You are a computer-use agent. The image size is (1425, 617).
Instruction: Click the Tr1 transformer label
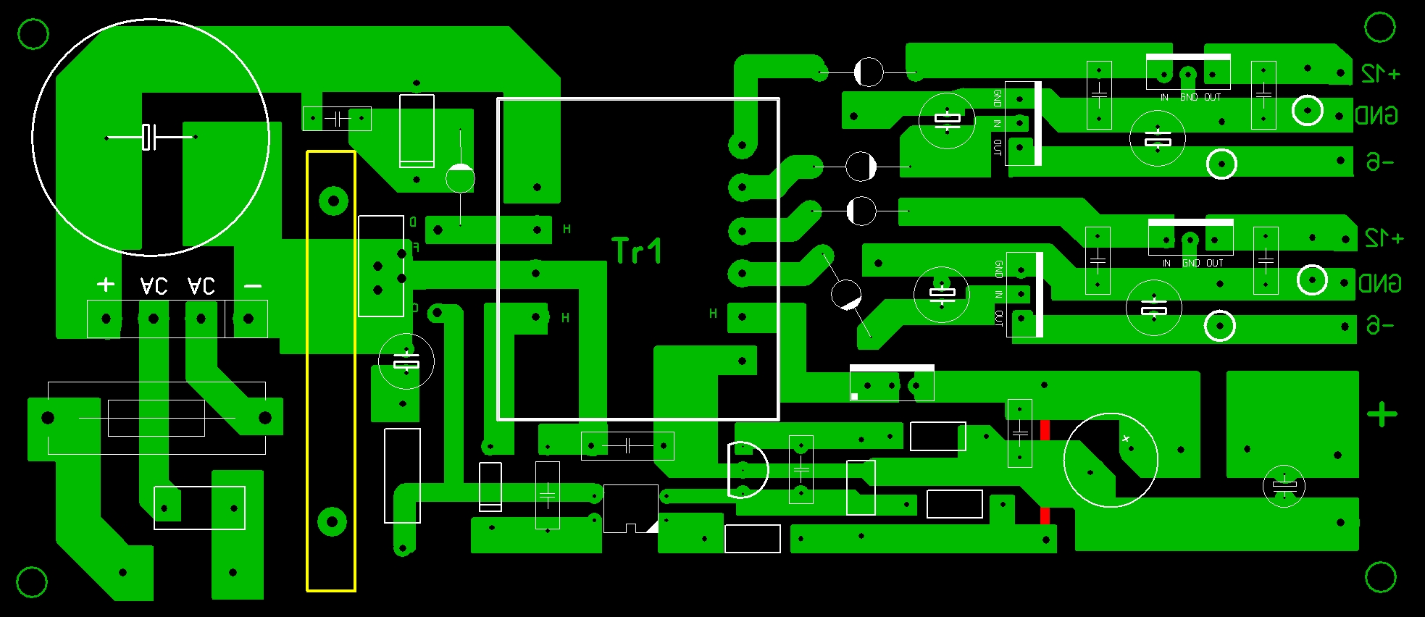[637, 251]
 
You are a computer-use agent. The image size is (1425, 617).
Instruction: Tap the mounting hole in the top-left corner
[33, 33]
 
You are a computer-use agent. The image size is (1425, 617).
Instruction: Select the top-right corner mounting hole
[1379, 28]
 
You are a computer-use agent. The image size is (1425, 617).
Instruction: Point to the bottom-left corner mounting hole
[32, 582]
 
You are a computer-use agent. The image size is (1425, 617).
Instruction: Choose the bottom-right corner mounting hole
[1380, 577]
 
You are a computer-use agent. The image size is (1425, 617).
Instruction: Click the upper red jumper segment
[1045, 429]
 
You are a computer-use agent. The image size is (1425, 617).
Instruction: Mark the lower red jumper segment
[1045, 516]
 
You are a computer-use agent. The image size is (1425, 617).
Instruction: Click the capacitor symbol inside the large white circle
[149, 137]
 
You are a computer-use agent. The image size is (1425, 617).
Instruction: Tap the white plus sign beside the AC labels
[106, 285]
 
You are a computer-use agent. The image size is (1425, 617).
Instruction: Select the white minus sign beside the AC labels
[253, 286]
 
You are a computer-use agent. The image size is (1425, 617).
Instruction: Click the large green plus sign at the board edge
[1382, 414]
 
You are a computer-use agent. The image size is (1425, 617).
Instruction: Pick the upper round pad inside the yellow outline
[333, 201]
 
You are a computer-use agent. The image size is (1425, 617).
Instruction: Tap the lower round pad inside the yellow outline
[332, 521]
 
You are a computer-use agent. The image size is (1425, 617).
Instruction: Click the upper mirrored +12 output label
[1380, 74]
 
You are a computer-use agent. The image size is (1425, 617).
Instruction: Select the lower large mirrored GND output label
[1379, 282]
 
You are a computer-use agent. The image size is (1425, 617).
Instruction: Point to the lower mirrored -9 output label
[1379, 325]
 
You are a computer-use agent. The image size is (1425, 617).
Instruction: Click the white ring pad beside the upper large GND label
[1308, 111]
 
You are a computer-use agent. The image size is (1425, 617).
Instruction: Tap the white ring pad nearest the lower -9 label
[1219, 326]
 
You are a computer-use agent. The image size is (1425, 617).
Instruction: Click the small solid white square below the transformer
[855, 396]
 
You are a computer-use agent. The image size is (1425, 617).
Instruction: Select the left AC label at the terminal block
[154, 286]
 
